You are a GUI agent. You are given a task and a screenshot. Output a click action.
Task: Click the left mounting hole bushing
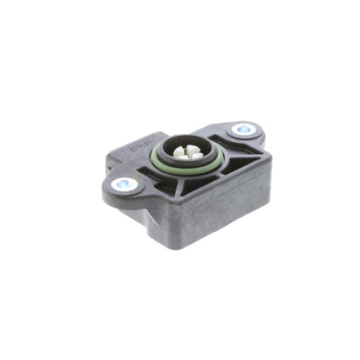point(125,183)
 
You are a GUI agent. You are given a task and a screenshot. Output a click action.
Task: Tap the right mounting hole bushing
point(244,129)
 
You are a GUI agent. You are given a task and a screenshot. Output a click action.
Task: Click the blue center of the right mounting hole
point(244,129)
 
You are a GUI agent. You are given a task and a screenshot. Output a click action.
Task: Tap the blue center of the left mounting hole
point(125,183)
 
